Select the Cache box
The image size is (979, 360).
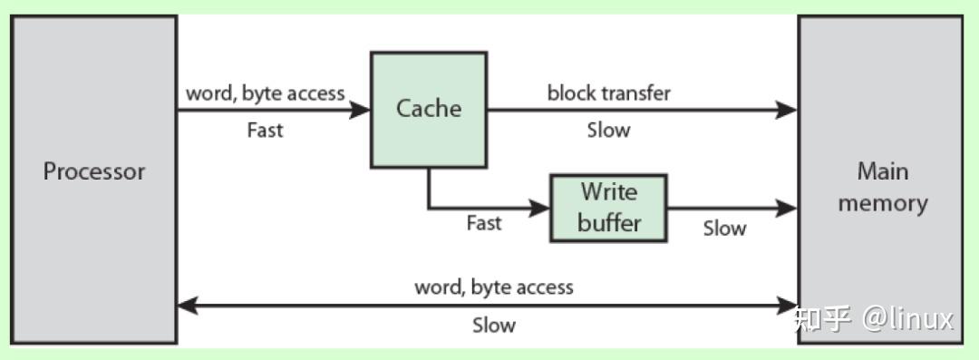(x=428, y=110)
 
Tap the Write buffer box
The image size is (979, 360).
(x=608, y=208)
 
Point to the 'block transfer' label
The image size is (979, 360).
(x=608, y=92)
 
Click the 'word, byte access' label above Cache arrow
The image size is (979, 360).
(x=265, y=92)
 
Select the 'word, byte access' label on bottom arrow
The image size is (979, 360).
(x=494, y=287)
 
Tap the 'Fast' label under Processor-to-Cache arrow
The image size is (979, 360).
(x=265, y=131)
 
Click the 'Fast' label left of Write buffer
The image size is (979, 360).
(x=483, y=223)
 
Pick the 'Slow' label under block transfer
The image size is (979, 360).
(x=607, y=131)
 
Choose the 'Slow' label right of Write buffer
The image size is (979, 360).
(x=724, y=229)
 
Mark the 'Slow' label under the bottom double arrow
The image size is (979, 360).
(x=494, y=326)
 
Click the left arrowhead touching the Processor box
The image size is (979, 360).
(x=187, y=306)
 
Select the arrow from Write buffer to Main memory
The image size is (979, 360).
(x=731, y=208)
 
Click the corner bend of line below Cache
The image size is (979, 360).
(x=429, y=208)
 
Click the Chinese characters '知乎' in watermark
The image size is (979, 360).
(x=822, y=319)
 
